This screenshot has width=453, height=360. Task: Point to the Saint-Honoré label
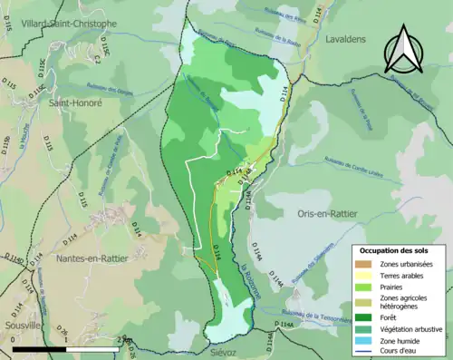point(76,103)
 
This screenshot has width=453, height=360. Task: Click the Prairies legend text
point(393,287)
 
